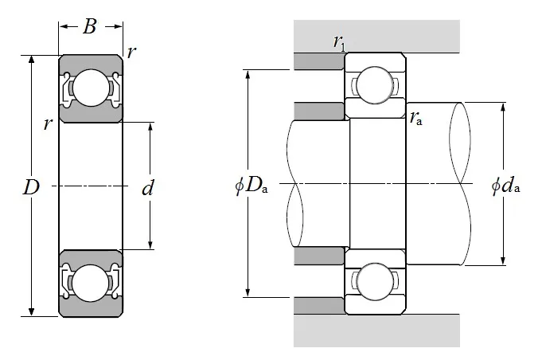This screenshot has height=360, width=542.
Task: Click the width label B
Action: tap(89, 27)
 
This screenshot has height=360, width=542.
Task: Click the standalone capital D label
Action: tap(31, 189)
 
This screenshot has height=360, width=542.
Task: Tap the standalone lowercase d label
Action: tap(146, 189)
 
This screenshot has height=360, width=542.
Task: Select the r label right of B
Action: tap(131, 52)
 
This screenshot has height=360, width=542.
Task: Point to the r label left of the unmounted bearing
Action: tap(49, 123)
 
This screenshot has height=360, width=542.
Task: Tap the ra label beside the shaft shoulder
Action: tap(416, 119)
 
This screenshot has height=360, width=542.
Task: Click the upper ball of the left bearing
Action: tap(91, 88)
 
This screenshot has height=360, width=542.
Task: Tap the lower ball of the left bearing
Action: tap(91, 282)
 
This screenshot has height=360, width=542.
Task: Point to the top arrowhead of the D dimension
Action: tap(31, 61)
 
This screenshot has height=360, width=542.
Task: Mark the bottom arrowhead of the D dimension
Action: tap(31, 311)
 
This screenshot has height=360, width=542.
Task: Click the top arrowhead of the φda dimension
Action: tap(503, 107)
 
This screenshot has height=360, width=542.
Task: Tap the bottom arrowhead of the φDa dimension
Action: tap(249, 292)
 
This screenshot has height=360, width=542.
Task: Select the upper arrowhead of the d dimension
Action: tap(150, 127)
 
